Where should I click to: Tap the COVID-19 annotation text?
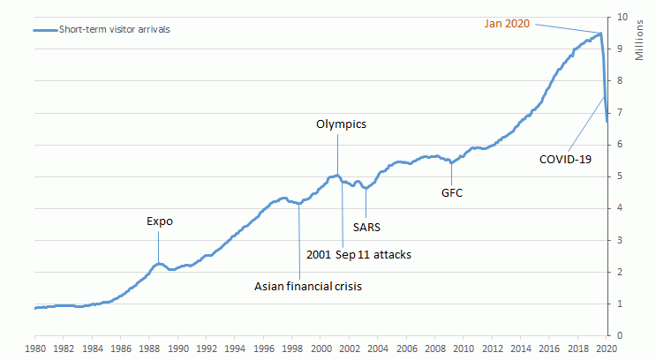565,160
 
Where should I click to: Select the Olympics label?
341,124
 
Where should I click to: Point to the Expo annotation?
159,221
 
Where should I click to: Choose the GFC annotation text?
452,191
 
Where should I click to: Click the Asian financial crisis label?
308,286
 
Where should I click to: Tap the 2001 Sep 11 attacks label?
358,255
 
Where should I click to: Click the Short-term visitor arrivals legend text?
114,28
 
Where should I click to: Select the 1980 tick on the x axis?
34,349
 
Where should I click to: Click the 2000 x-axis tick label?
322,349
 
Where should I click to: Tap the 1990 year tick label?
178,349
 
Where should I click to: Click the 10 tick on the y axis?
621,17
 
